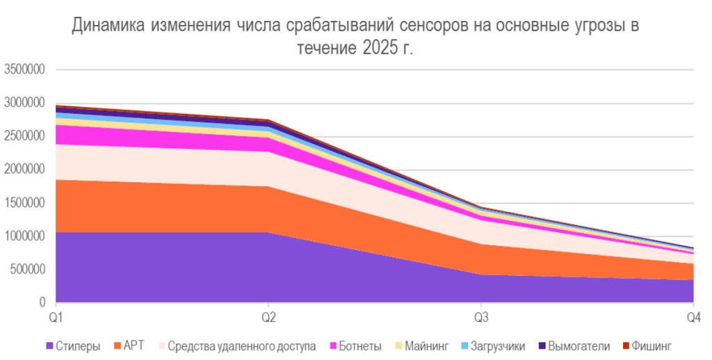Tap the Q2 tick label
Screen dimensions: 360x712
[x=268, y=318]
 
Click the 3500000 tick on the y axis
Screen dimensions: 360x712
[x=25, y=69]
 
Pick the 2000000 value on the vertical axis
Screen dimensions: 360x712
[x=25, y=170]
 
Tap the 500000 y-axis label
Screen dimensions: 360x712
[x=28, y=270]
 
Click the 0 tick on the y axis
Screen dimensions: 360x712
[x=42, y=303]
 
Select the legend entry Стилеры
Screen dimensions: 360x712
[x=77, y=345]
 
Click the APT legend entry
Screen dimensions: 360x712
[x=133, y=345]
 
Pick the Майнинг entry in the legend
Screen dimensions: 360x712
[x=426, y=345]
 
